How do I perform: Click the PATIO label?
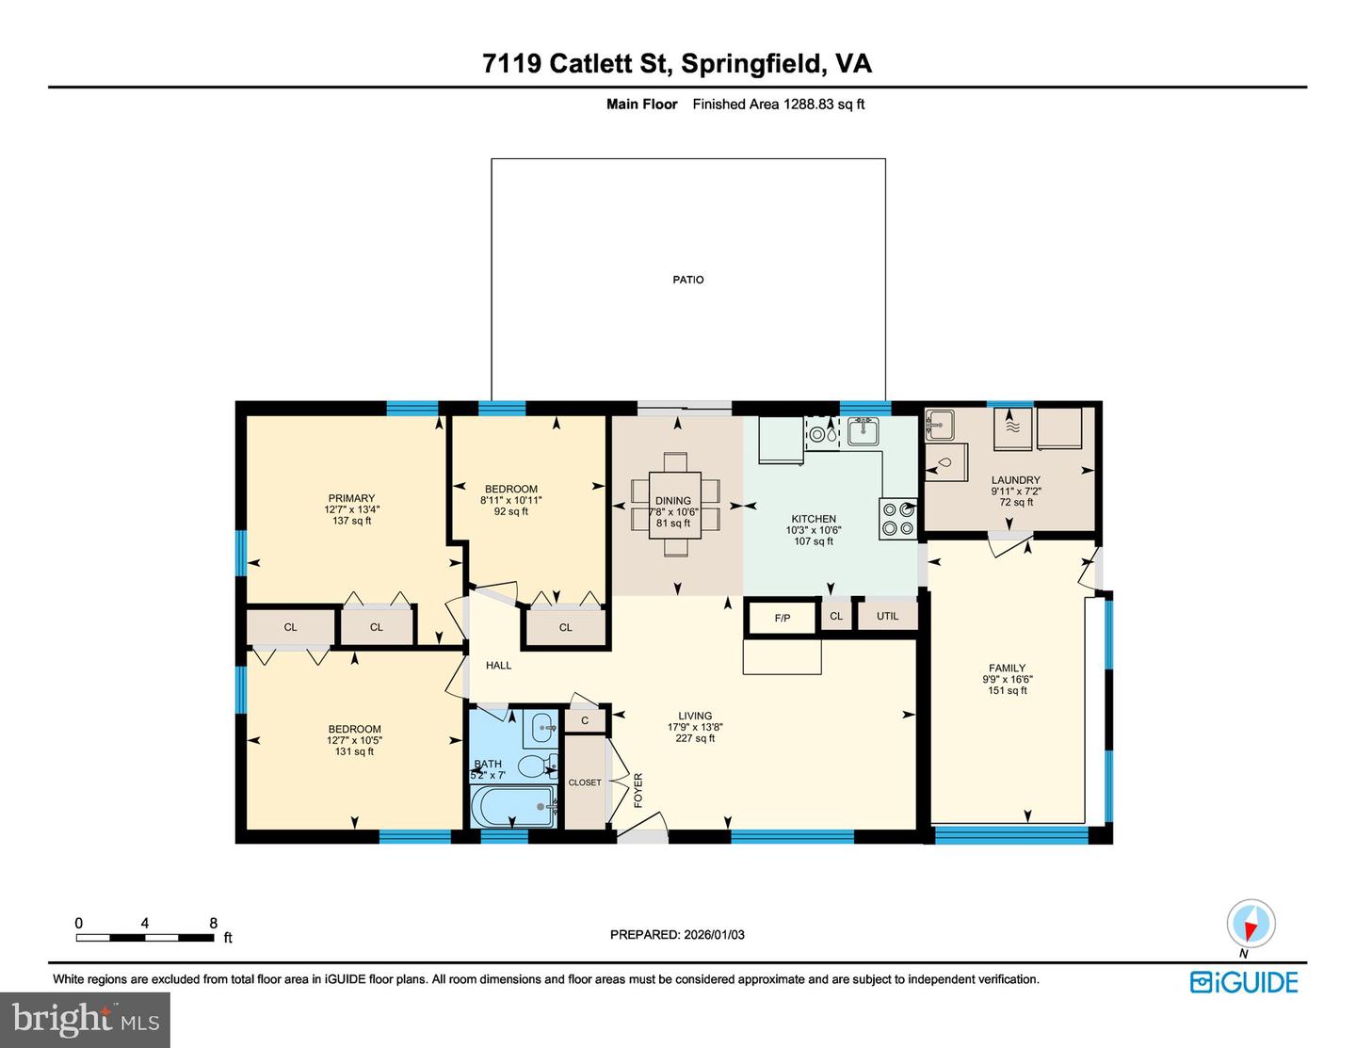coord(687,280)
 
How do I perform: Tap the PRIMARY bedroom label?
coord(351,498)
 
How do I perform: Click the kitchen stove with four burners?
coord(898,519)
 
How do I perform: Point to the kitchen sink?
coord(863,431)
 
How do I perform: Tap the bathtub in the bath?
coord(513,807)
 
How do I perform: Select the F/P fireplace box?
coord(782,618)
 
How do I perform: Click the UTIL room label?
coord(887,616)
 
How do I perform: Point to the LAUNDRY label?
coord(1015,480)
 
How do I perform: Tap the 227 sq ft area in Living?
coord(695,738)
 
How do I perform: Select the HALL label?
coord(498,666)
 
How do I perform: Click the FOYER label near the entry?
coord(638,790)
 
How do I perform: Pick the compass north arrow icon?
coord(1251,924)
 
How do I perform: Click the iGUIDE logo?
coord(1243,982)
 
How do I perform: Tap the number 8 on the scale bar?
coord(213,923)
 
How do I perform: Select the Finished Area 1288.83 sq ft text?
coord(778,105)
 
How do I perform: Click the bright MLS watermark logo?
coord(85,1020)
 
